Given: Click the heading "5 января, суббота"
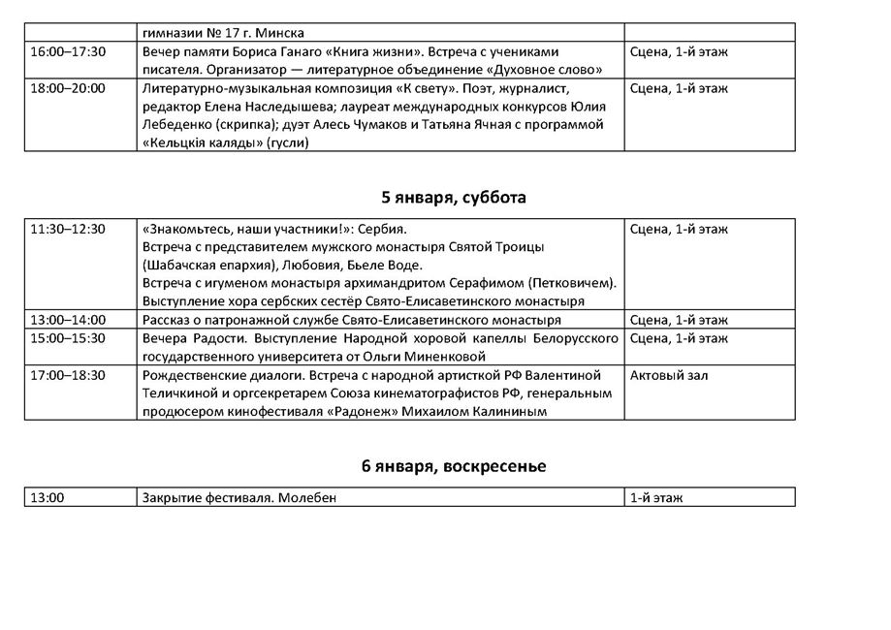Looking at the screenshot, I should click(454, 198).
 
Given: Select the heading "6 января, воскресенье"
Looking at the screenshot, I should click(454, 466).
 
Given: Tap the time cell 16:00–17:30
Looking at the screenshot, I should click(68, 51).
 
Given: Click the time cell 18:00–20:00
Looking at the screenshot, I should click(68, 88).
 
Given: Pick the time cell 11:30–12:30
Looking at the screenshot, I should click(68, 229).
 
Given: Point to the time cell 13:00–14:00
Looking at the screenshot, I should click(68, 320).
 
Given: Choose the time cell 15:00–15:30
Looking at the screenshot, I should click(68, 338).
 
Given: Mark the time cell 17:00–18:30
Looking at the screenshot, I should click(68, 375).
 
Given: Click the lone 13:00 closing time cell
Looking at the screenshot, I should click(48, 497).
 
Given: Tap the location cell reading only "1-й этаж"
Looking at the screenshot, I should click(656, 497).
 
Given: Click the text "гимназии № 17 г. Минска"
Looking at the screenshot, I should click(223, 32).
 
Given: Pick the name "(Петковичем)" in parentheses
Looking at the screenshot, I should click(572, 283).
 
